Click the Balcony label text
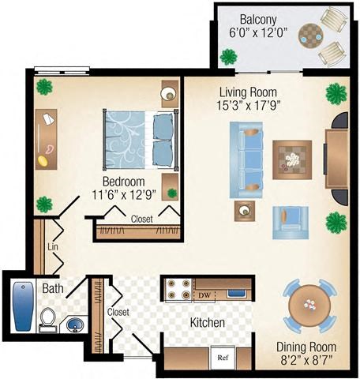point(259,19)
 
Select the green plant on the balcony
point(230,56)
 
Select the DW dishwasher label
point(204,295)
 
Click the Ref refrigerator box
point(223,357)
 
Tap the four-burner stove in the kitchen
point(177,290)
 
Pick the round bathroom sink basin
point(75,324)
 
